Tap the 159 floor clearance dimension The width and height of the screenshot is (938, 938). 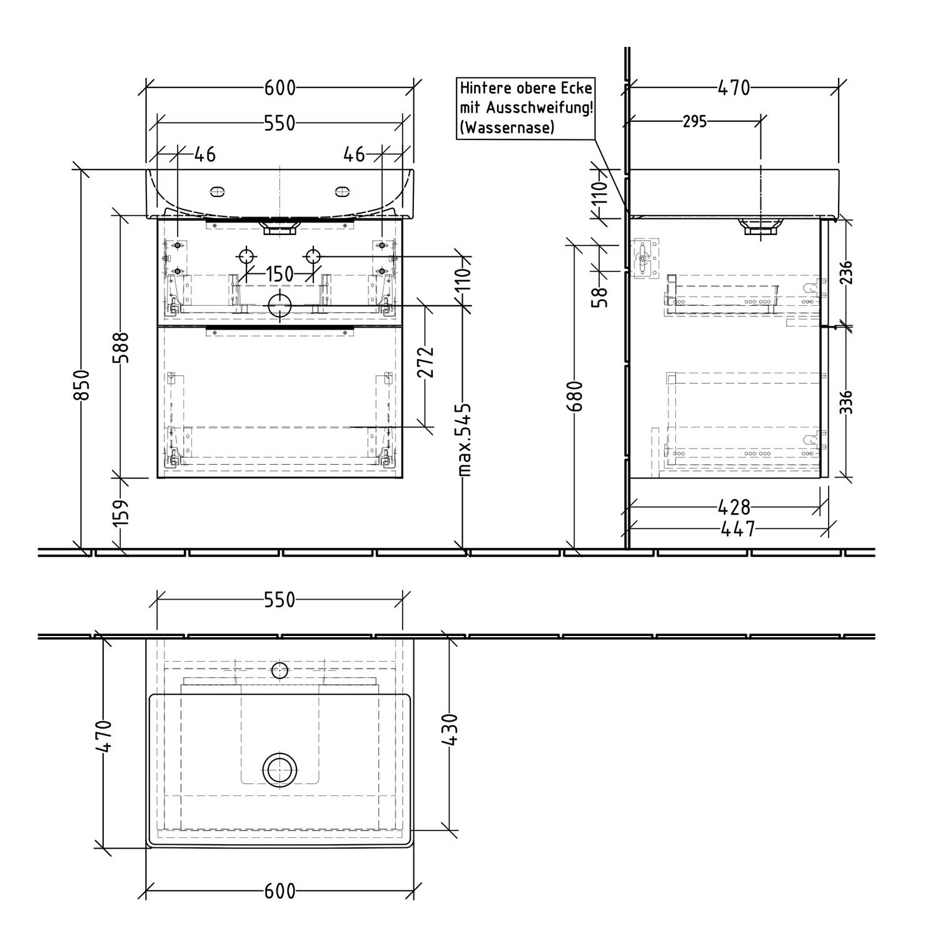tap(121, 512)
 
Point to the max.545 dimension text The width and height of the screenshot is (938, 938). tap(463, 440)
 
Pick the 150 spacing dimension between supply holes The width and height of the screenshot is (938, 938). tap(280, 274)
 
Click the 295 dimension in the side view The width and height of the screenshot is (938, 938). tap(694, 121)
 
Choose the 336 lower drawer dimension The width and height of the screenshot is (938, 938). tap(845, 403)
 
